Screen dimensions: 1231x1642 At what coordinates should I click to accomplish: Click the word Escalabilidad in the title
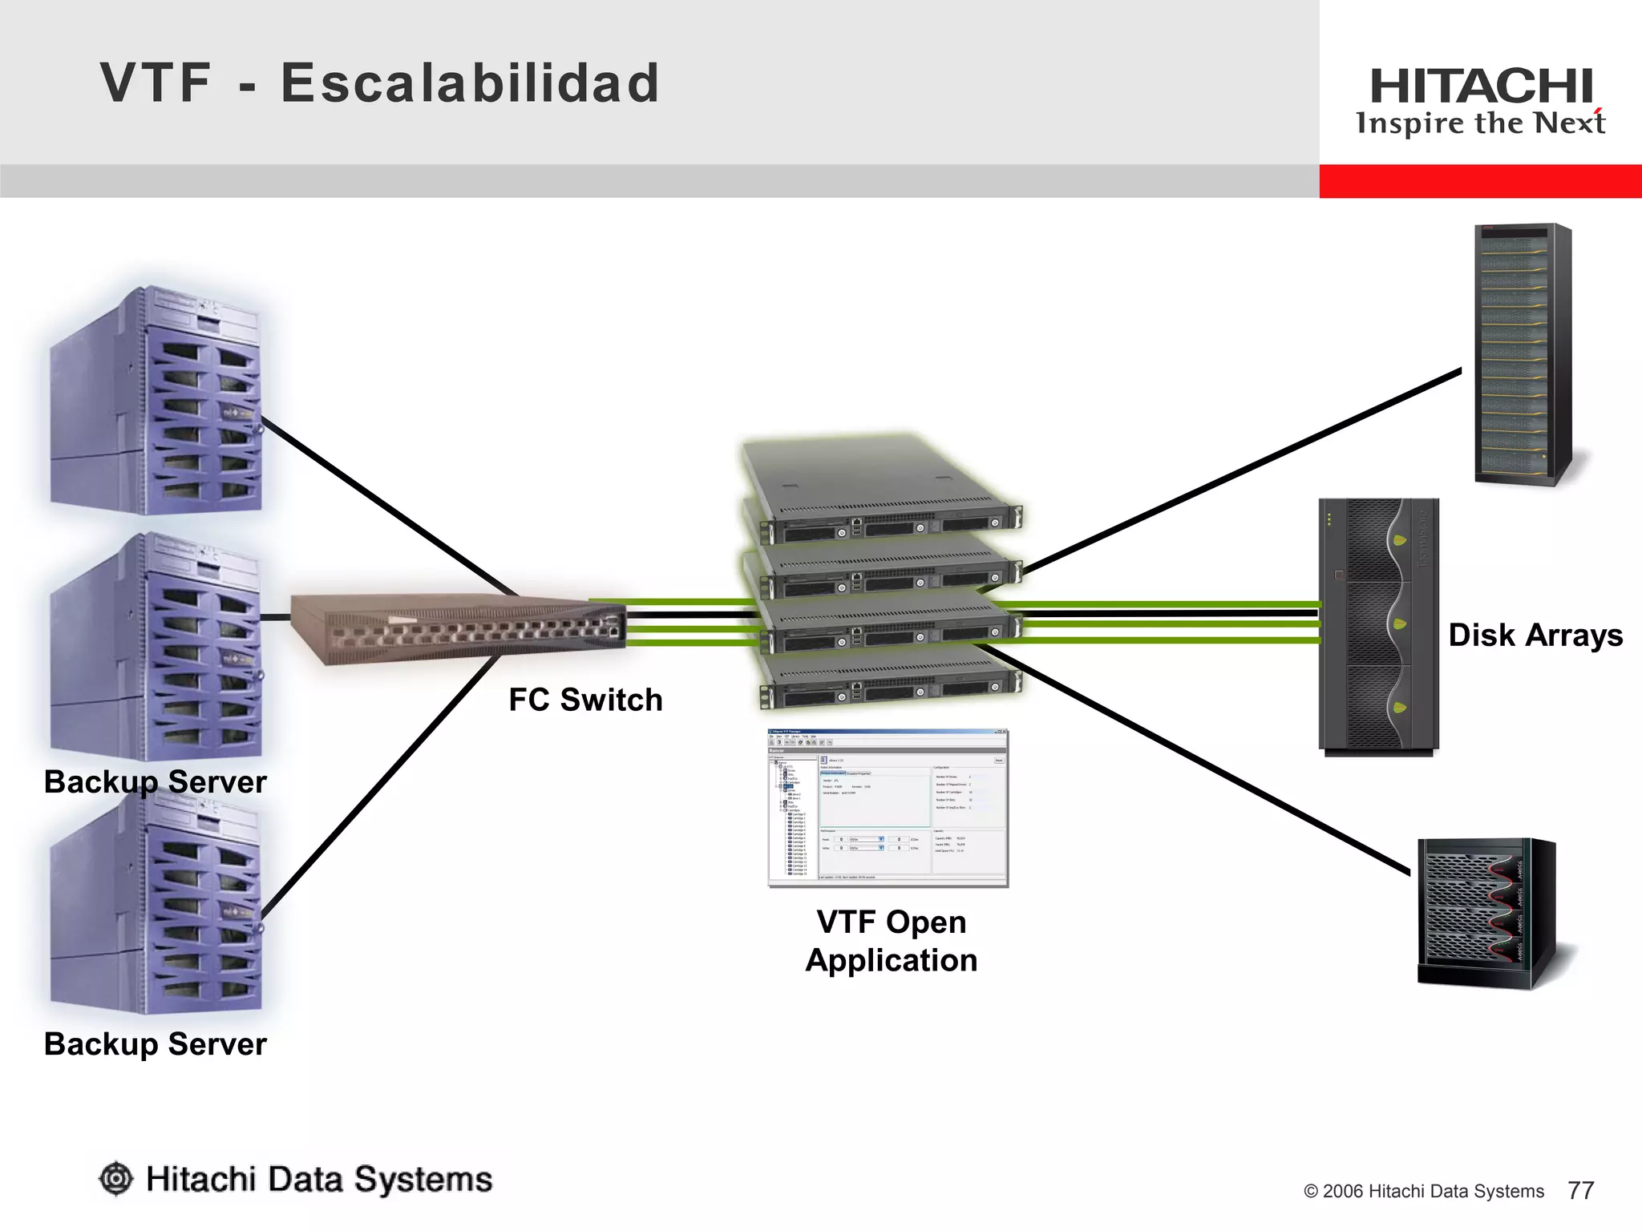(x=470, y=83)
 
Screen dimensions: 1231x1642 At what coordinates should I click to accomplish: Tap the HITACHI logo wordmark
(x=1481, y=86)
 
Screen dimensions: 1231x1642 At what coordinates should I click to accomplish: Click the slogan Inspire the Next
(x=1480, y=123)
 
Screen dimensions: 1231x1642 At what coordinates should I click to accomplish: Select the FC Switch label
(x=585, y=700)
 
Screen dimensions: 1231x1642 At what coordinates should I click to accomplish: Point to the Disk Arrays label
(x=1535, y=635)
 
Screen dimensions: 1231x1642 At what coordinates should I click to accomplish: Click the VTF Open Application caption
(x=891, y=941)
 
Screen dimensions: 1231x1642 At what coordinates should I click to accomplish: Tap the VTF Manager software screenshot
(x=888, y=808)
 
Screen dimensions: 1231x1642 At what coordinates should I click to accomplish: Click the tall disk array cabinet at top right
(x=1522, y=353)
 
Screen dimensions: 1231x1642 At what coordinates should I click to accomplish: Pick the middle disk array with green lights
(x=1378, y=626)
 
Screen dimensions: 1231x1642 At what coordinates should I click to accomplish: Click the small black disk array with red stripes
(x=1486, y=913)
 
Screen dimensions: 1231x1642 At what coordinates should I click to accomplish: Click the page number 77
(x=1580, y=1190)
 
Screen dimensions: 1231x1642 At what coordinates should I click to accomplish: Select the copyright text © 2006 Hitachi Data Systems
(x=1423, y=1191)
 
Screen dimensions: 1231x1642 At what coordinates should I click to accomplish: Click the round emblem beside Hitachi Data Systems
(x=116, y=1179)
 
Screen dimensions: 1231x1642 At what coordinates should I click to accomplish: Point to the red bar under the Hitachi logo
(x=1480, y=181)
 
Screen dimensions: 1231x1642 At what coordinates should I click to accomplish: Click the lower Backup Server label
(x=155, y=1044)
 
